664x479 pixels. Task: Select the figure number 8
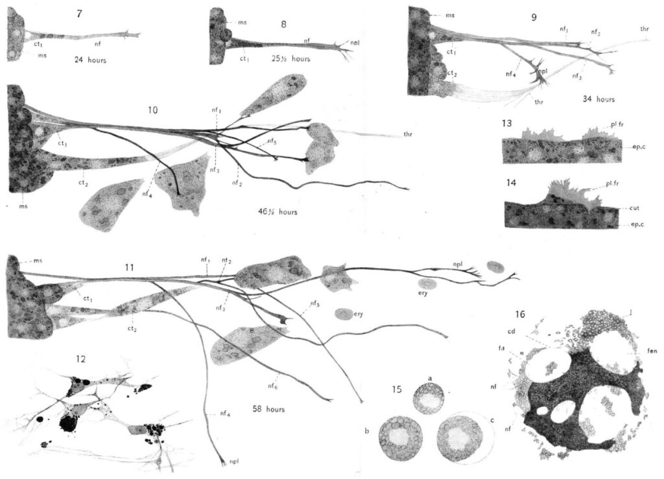coord(283,23)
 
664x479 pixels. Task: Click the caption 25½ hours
coord(291,59)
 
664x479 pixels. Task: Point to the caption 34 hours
coord(598,100)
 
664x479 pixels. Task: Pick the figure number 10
coord(152,110)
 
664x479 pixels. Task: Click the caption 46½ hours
coord(277,212)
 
